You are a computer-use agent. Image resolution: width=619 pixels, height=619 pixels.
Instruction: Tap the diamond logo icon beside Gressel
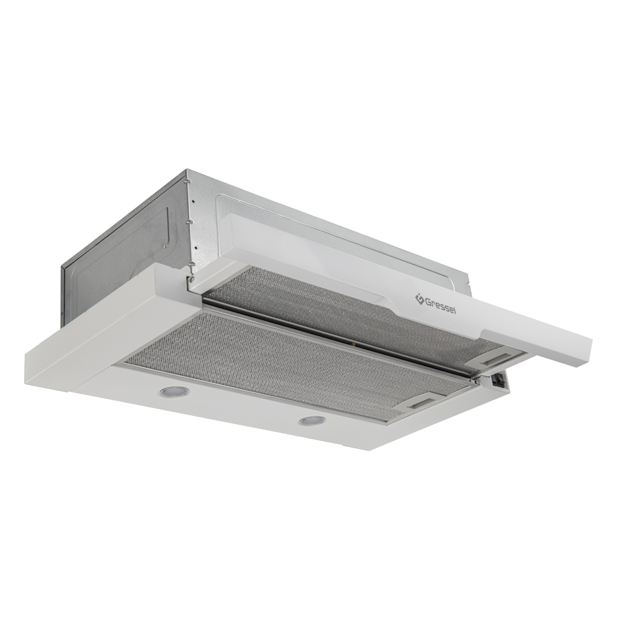click(x=419, y=299)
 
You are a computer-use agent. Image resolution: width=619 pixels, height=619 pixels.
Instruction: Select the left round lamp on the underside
click(x=174, y=392)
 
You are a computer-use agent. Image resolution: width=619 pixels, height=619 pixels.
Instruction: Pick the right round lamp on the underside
click(x=312, y=421)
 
